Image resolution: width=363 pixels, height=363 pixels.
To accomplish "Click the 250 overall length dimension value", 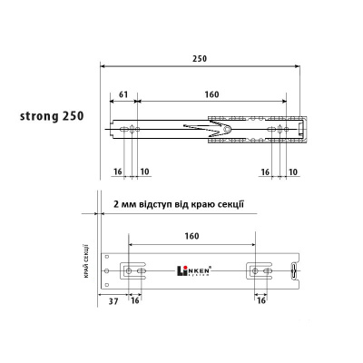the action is tap(200, 58).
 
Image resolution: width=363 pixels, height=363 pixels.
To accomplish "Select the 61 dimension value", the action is tap(123, 94).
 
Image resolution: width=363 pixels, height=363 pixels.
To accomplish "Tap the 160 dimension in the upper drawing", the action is tap(211, 94).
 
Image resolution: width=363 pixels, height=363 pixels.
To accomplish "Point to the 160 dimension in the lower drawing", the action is tap(191, 236).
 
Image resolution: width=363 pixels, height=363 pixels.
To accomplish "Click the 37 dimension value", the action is tap(113, 301).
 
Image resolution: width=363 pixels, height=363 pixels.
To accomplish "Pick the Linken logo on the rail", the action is tap(193, 270).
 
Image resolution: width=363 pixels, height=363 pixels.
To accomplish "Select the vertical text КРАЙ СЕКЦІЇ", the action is tap(86, 260).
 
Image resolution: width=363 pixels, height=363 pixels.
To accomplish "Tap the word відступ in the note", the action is tap(154, 204).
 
